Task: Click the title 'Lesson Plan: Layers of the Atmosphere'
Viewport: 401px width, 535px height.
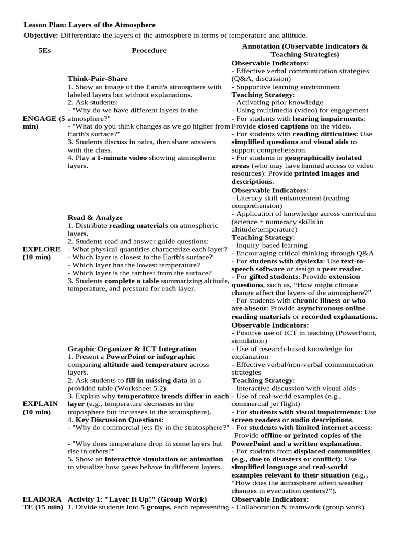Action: pyautogui.click(x=90, y=25)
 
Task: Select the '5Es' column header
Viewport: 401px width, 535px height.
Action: pyautogui.click(x=44, y=50)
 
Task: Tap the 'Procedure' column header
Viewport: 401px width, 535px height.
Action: pyautogui.click(x=149, y=50)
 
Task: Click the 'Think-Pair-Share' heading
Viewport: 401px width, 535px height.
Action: pyautogui.click(x=97, y=79)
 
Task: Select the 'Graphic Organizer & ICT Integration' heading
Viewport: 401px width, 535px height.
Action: pyautogui.click(x=132, y=348)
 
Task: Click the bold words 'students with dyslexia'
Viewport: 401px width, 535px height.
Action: pyautogui.click(x=288, y=261)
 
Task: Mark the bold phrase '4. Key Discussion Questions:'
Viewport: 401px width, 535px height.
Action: pyautogui.click(x=115, y=420)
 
